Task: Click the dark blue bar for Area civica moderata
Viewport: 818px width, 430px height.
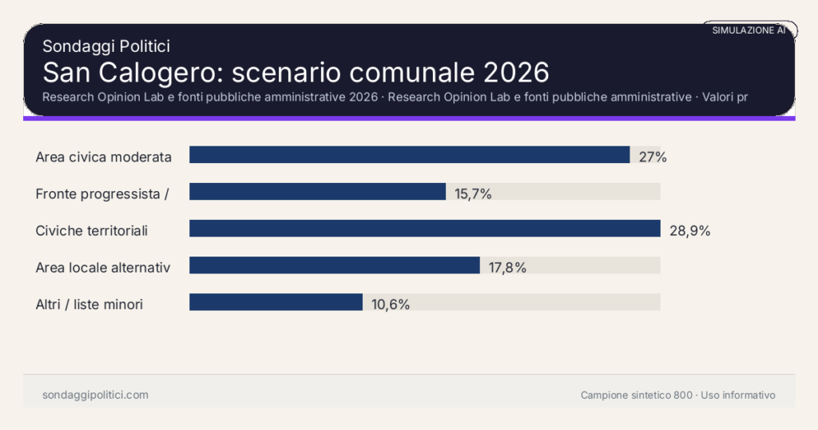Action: (x=409, y=155)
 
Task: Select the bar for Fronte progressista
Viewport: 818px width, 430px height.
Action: (x=317, y=192)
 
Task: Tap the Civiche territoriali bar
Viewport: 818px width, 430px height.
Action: (x=424, y=229)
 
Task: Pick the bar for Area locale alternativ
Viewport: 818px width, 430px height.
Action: (x=334, y=265)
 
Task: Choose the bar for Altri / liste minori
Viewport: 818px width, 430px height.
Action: (x=276, y=302)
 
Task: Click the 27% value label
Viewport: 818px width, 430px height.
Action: (x=653, y=157)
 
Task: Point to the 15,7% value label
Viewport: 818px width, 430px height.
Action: (x=473, y=193)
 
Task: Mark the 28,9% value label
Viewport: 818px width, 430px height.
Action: (x=689, y=230)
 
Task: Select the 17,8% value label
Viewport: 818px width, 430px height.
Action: (x=507, y=267)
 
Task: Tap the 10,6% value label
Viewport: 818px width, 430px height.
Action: (x=391, y=304)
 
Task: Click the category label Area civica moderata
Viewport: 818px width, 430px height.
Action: (x=104, y=157)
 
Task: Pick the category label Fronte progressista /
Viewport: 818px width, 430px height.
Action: (x=101, y=193)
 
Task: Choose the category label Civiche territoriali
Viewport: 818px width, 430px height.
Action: (x=92, y=230)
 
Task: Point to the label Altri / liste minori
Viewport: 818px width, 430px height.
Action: (x=89, y=304)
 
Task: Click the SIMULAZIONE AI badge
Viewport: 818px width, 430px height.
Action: (x=749, y=30)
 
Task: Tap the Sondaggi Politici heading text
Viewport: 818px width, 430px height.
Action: (x=105, y=46)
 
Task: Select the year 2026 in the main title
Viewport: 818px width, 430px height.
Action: (x=515, y=73)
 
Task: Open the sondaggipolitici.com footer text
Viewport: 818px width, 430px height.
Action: (x=95, y=395)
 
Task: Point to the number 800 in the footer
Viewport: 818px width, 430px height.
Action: (x=683, y=395)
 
